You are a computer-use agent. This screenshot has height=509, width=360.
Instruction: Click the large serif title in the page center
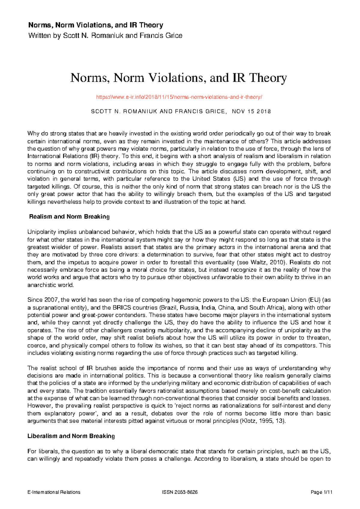(178, 78)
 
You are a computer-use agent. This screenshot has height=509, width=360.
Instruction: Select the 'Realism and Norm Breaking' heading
(69, 217)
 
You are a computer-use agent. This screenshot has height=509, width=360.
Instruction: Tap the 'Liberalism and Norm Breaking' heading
(71, 436)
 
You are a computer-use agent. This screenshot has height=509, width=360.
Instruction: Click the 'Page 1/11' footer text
(322, 492)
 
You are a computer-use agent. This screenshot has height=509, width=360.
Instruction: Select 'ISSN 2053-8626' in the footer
(180, 492)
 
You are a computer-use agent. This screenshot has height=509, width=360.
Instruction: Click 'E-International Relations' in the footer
(54, 492)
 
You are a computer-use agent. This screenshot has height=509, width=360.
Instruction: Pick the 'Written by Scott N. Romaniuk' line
(105, 36)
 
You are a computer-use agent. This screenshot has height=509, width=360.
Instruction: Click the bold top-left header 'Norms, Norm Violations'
(95, 25)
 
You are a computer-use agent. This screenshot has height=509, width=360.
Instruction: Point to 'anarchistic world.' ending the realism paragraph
(50, 285)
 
